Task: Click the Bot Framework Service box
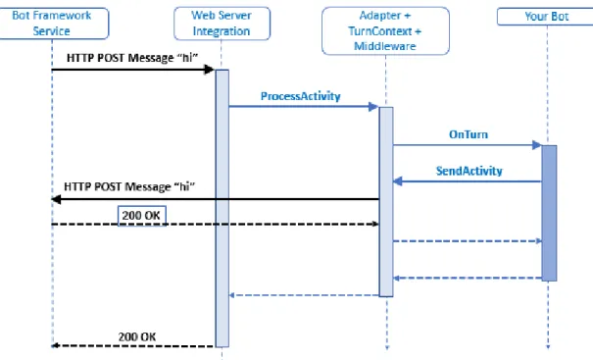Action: [x=53, y=24]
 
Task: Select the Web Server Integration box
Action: [x=222, y=24]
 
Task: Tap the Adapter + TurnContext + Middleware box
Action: [x=385, y=30]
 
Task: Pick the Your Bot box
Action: [x=546, y=17]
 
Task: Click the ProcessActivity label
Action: [x=300, y=96]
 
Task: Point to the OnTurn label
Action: [x=469, y=134]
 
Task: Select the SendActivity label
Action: [x=469, y=171]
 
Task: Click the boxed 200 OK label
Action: [x=142, y=216]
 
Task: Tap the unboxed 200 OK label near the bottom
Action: [x=137, y=336]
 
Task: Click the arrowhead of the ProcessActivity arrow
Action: [x=373, y=107]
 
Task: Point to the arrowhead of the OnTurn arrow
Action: [x=537, y=145]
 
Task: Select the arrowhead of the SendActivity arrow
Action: [x=398, y=181]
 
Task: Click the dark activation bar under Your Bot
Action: [x=549, y=213]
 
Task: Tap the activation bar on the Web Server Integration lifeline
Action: [x=222, y=208]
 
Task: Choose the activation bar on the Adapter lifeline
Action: [x=386, y=202]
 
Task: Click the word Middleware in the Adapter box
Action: [x=385, y=46]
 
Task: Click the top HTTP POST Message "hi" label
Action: [x=132, y=58]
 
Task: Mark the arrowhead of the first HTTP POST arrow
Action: [x=209, y=70]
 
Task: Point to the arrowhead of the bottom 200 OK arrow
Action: [x=56, y=345]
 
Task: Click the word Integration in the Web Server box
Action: [x=222, y=31]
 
